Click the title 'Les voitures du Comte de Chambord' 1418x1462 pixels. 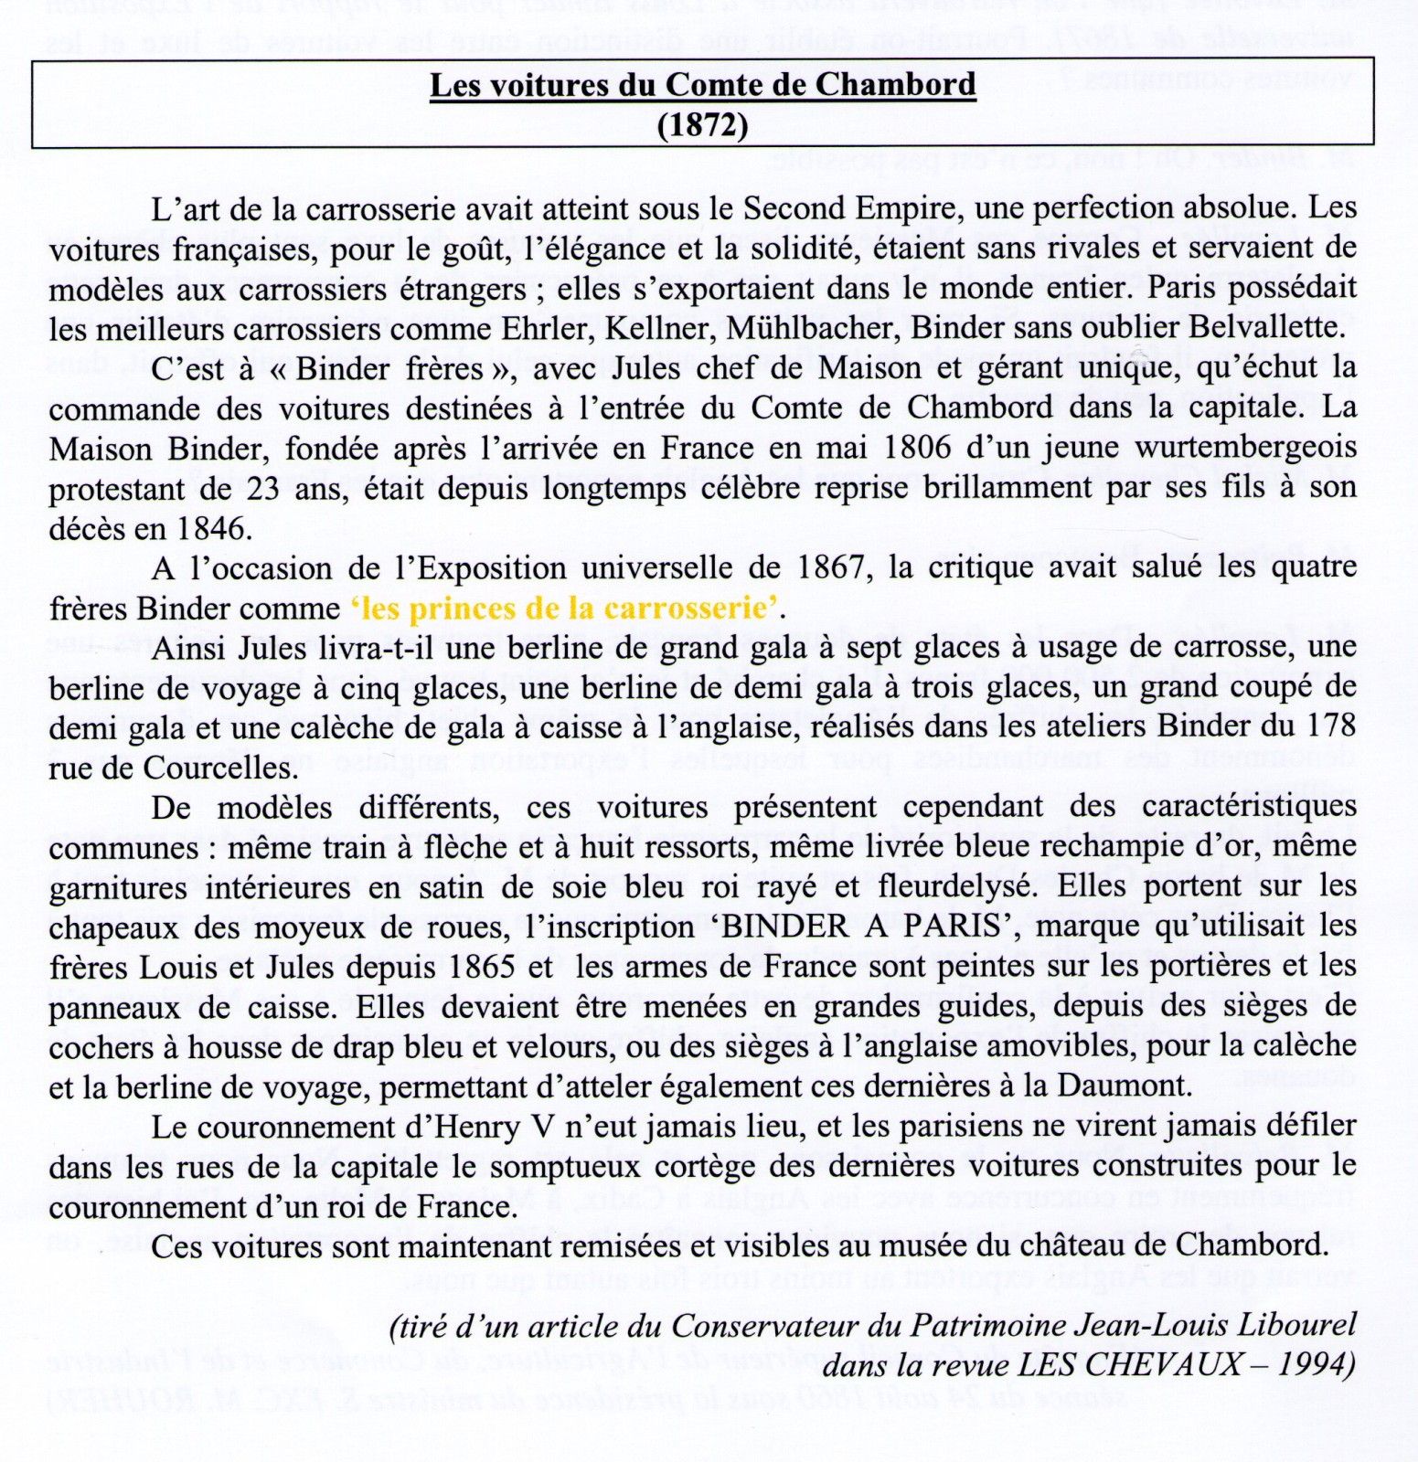click(702, 85)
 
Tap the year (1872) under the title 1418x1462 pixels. click(702, 124)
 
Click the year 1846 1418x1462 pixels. click(212, 529)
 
